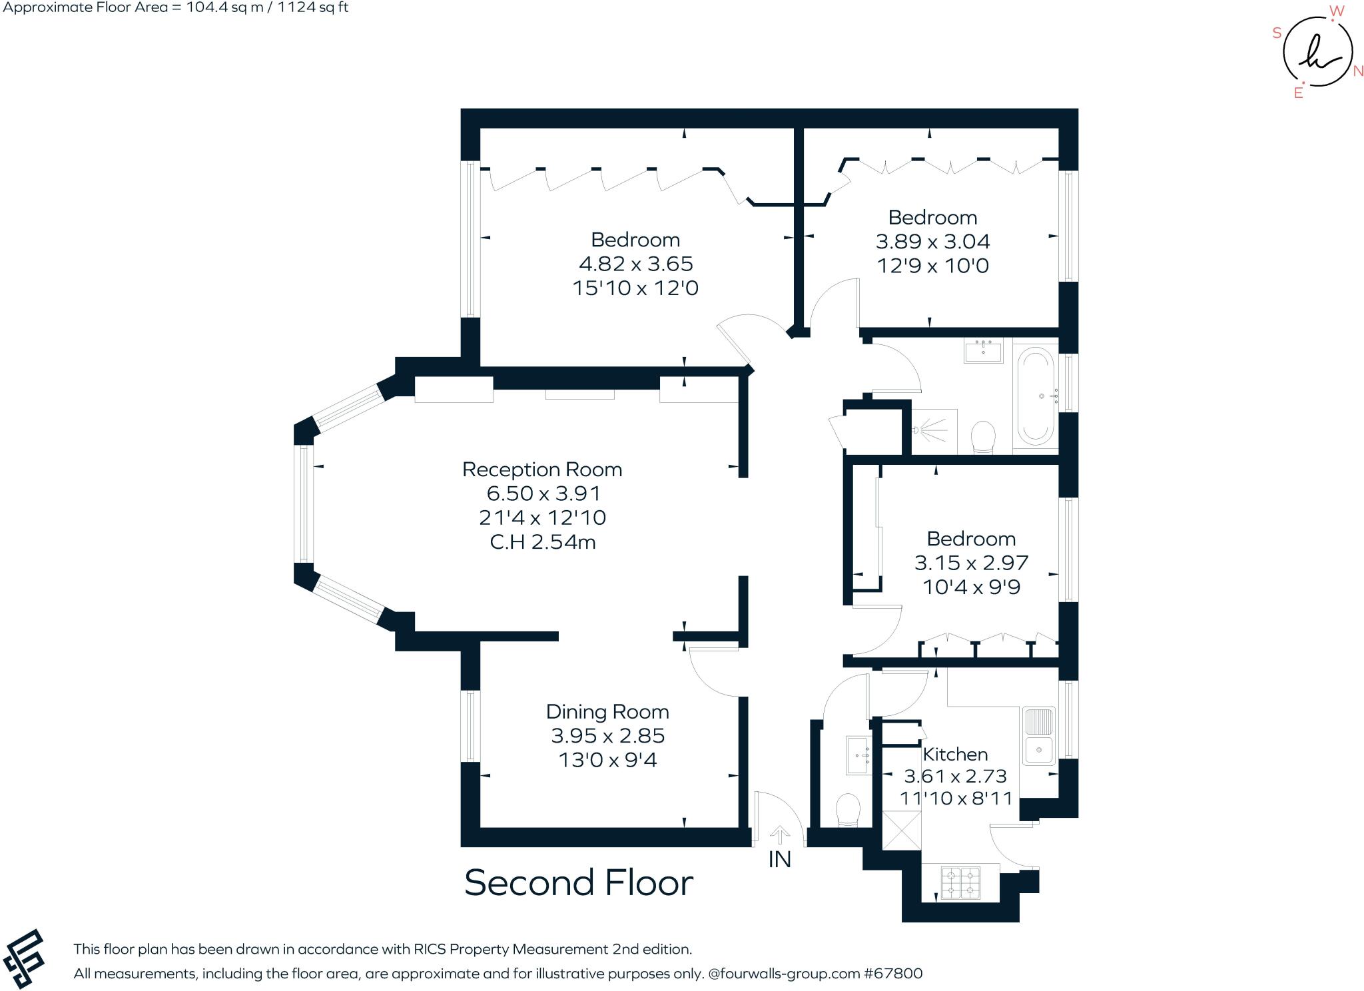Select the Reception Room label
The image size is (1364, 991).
(x=542, y=470)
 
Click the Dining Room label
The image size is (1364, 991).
(x=607, y=712)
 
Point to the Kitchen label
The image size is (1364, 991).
(x=955, y=755)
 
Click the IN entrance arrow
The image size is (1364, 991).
(x=780, y=835)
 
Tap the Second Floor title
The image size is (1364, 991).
(x=578, y=883)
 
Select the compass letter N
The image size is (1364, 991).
(x=1358, y=71)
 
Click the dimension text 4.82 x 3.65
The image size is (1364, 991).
(x=636, y=264)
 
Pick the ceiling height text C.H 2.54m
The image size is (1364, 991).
(x=543, y=542)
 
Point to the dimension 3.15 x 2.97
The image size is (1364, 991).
(x=971, y=563)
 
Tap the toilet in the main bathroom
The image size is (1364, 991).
(x=983, y=437)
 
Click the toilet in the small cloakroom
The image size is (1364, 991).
(x=848, y=809)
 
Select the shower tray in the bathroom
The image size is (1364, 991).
(x=934, y=431)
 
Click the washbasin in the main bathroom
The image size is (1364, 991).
(x=983, y=350)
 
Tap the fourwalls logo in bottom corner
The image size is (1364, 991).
(x=24, y=959)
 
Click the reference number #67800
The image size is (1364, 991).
(x=893, y=974)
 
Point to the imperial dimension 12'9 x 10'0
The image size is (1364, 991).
(x=932, y=266)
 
